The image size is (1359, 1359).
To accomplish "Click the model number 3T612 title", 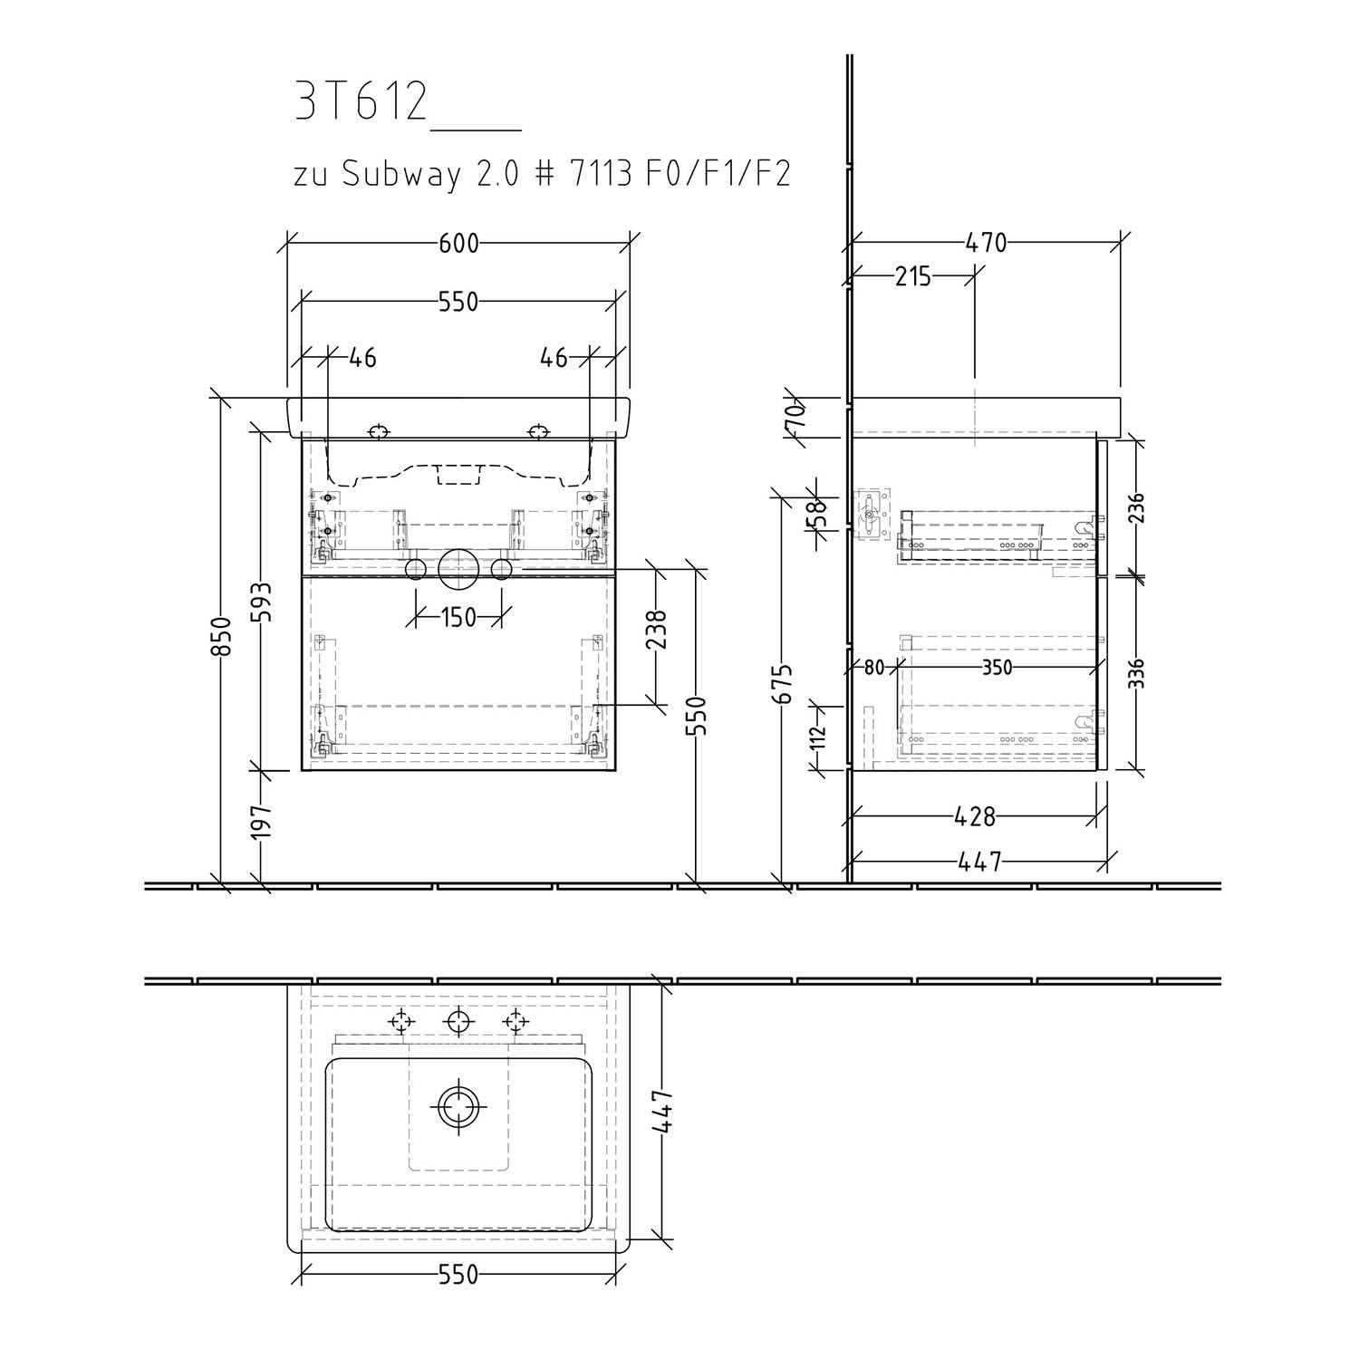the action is (361, 101).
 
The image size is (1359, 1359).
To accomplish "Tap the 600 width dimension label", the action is (458, 243).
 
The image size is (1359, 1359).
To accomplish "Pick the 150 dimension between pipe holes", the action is (458, 618).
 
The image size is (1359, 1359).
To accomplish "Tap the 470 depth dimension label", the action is (986, 243).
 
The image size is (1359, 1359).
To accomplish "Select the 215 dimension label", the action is (913, 276).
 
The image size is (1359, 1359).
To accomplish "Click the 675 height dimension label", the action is (785, 683).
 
